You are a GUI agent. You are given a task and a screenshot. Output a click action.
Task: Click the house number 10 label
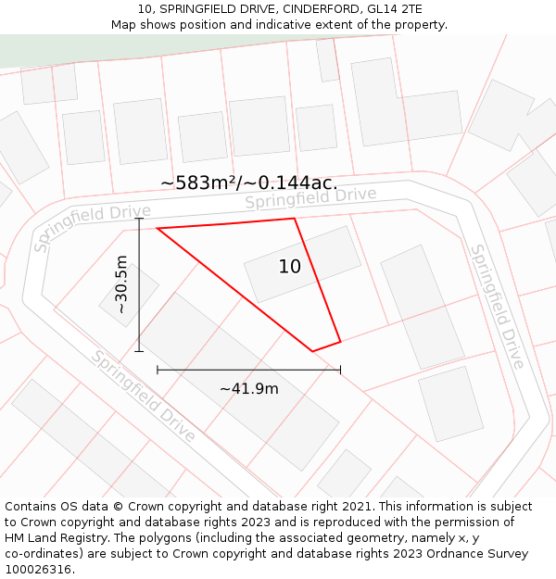point(289,267)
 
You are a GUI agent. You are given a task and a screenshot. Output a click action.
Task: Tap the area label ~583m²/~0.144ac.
point(248,183)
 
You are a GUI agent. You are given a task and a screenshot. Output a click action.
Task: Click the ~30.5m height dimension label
point(121,284)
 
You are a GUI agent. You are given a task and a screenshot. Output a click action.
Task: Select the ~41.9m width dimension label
point(248,388)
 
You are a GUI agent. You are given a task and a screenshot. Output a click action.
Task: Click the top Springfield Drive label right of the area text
point(310,197)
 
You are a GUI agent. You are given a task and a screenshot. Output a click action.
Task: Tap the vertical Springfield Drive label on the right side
point(498,306)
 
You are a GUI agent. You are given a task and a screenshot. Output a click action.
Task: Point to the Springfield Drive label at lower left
point(143,396)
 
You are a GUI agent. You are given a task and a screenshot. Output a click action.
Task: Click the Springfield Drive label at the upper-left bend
point(92,227)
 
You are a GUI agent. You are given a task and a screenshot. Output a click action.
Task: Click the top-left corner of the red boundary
point(158,228)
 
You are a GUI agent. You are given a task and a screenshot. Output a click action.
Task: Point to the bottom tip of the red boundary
point(312,351)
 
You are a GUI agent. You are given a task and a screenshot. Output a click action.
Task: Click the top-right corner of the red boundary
point(295,219)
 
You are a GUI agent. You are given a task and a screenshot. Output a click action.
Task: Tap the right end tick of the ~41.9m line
point(340,370)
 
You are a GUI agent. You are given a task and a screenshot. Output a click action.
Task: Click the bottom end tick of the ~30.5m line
point(139,351)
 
